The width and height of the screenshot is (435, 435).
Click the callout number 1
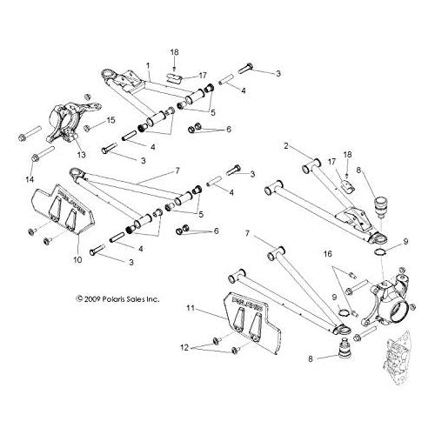(x=148, y=66)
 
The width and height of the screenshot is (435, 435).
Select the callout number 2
(x=286, y=146)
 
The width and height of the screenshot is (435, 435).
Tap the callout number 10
(x=77, y=259)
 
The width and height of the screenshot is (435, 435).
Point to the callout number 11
(x=191, y=308)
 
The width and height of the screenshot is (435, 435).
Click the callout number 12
(x=184, y=347)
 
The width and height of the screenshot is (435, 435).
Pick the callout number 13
(x=82, y=155)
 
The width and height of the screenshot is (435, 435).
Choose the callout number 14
(x=30, y=179)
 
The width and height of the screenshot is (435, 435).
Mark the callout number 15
(x=110, y=120)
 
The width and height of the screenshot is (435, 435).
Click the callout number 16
(x=328, y=254)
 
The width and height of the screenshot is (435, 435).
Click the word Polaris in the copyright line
(x=113, y=299)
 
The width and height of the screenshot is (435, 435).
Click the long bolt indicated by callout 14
(x=43, y=155)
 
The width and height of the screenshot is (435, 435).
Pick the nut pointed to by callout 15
(x=86, y=127)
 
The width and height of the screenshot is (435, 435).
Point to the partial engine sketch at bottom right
(x=396, y=359)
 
